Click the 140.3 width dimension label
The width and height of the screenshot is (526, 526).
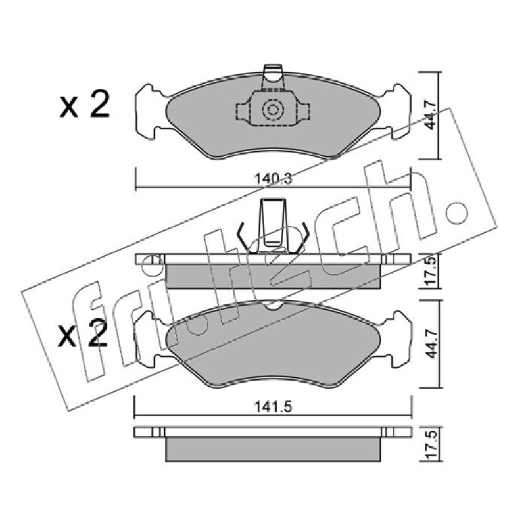tap(273, 178)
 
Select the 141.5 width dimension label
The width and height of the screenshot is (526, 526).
tap(273, 407)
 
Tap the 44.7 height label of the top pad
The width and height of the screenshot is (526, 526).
tap(430, 114)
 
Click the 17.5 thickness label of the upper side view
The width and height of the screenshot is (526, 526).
tap(431, 270)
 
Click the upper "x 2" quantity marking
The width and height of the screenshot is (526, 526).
tap(85, 105)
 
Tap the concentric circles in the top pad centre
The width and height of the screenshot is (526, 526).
tap(273, 109)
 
